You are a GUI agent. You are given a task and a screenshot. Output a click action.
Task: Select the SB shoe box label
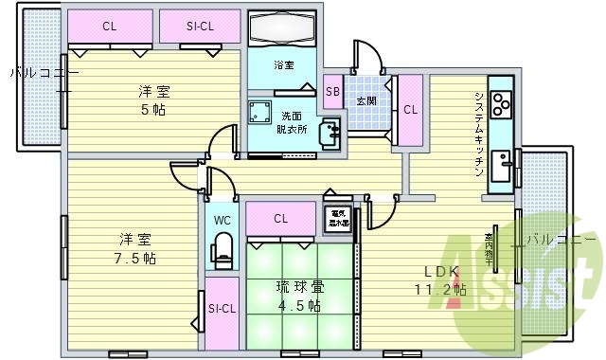tap(331, 91)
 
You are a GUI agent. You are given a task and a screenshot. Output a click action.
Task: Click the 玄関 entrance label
tap(365, 99)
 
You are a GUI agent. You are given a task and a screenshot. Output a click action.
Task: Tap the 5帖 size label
tap(152, 109)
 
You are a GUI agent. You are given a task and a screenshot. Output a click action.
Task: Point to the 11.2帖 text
tap(438, 289)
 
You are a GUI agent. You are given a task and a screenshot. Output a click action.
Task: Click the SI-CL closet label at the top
tap(200, 26)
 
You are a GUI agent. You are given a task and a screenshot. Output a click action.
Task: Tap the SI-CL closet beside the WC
tap(223, 309)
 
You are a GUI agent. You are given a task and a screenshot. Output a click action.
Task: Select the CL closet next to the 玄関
tap(410, 109)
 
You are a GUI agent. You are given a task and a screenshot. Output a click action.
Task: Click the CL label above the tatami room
tap(281, 219)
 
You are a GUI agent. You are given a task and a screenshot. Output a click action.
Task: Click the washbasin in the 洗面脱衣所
tap(329, 134)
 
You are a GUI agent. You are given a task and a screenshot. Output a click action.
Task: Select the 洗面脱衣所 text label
tap(293, 122)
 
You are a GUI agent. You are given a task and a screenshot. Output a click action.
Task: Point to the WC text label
tap(223, 220)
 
